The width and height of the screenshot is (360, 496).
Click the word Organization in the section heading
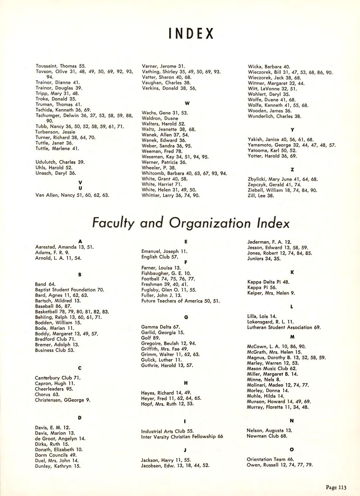[x=210, y=223]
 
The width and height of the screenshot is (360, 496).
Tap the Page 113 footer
[x=336, y=487]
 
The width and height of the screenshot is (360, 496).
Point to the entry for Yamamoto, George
[x=291, y=145]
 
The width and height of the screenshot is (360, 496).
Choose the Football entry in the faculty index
[x=168, y=279]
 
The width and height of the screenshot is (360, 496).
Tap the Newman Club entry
[x=267, y=436]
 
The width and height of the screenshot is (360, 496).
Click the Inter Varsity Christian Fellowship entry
[x=182, y=437]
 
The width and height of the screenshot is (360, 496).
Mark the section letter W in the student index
[x=187, y=103]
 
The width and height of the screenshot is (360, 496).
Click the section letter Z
[x=292, y=170]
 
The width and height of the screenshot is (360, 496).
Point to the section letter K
[x=292, y=273]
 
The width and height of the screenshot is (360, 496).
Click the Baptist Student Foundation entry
[x=70, y=290]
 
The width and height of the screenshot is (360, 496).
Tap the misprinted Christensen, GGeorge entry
[x=63, y=400]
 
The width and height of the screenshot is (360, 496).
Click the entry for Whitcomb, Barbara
[x=184, y=173]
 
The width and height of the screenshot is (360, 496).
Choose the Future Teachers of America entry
[x=181, y=301]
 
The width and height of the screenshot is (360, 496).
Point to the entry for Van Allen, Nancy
[x=72, y=195]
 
